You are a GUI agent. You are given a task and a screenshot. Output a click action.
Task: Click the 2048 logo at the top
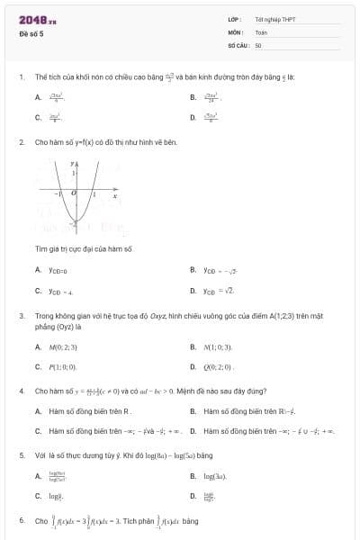[35, 19]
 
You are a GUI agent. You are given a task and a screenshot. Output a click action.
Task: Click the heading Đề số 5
[31, 33]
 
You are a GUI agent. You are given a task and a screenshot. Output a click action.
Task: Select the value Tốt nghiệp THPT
[275, 19]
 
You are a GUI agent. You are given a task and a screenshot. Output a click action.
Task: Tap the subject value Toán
[262, 31]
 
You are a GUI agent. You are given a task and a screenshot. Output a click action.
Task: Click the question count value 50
[258, 44]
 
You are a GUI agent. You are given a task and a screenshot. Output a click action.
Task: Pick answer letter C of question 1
[38, 117]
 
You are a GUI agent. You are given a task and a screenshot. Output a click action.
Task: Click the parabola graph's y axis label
[72, 165]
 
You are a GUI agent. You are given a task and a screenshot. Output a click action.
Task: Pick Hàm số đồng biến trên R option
[89, 410]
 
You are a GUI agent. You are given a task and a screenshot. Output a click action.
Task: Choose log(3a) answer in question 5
[218, 475]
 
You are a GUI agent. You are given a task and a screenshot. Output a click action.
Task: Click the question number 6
[21, 520]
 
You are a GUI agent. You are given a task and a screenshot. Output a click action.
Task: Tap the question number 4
[21, 391]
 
